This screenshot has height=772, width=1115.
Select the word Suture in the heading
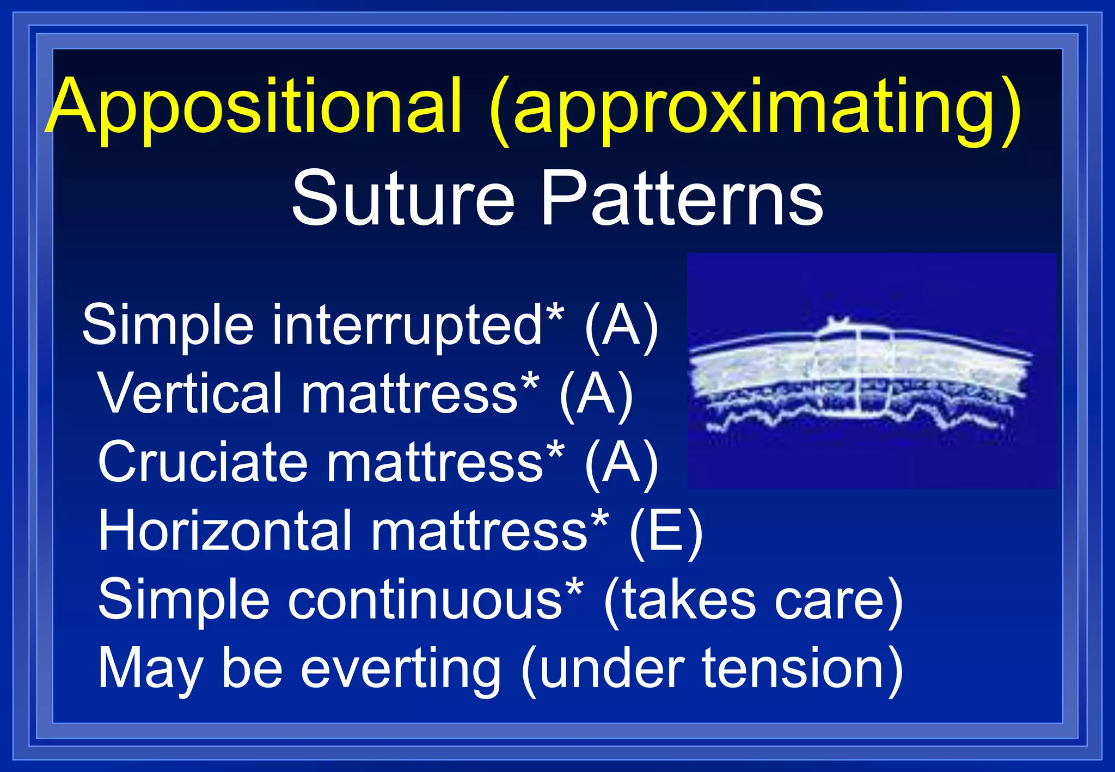pyautogui.click(x=403, y=199)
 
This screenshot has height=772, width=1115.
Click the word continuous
pyautogui.click(x=425, y=599)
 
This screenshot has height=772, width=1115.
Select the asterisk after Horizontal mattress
pyautogui.click(x=599, y=518)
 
